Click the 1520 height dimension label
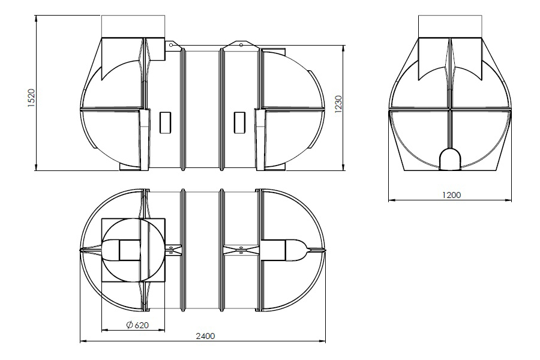point(31,98)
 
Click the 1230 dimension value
point(338,104)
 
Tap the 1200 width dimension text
point(451,195)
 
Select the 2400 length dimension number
point(205,336)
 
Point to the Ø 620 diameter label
point(137,325)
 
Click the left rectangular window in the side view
point(166,122)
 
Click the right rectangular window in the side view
point(239,122)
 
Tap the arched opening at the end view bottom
point(450,159)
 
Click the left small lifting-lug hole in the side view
point(171,45)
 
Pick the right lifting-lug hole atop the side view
point(241,45)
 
